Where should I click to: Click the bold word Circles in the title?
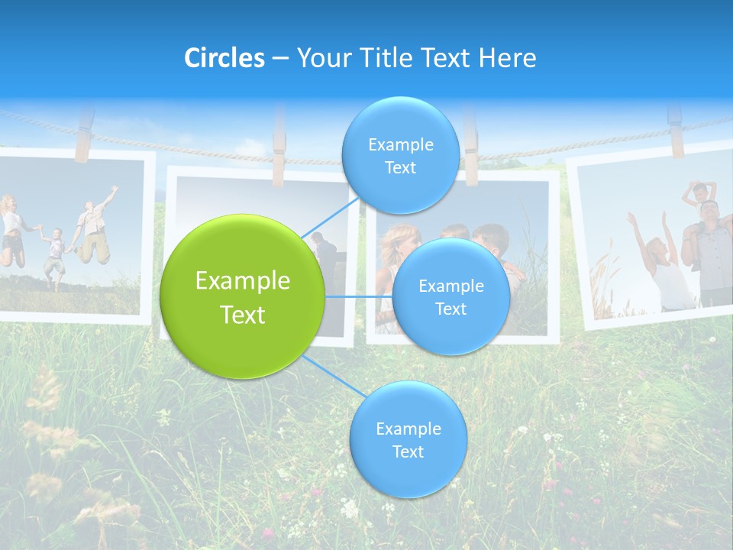pyautogui.click(x=224, y=58)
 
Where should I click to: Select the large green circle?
pyautogui.click(x=243, y=296)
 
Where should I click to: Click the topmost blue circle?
pyautogui.click(x=400, y=156)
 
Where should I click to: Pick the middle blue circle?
pyautogui.click(x=450, y=296)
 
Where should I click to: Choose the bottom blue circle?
pyautogui.click(x=408, y=440)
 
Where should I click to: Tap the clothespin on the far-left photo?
pyautogui.click(x=83, y=136)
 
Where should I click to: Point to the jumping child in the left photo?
pyautogui.click(x=53, y=256)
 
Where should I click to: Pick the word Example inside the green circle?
pyautogui.click(x=243, y=281)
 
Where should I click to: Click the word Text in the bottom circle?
pyautogui.click(x=408, y=451)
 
